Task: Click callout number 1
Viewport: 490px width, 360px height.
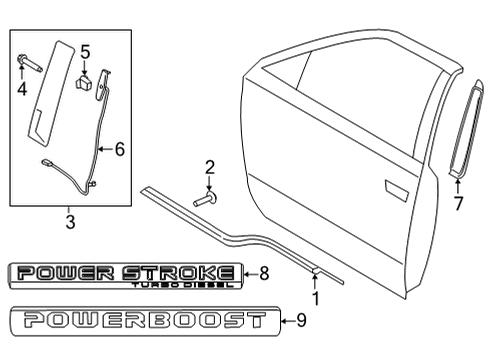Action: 317,297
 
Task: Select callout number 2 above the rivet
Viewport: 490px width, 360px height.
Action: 210,166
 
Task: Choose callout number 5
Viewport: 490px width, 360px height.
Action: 85,51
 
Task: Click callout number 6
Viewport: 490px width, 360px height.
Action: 119,150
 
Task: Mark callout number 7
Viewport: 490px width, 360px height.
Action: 458,204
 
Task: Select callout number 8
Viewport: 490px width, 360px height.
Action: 264,272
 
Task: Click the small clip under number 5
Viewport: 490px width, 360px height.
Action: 88,79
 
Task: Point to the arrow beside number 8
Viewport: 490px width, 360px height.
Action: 249,272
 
